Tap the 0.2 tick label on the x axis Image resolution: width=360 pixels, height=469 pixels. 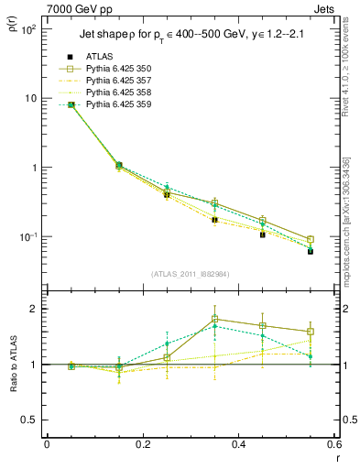point(142,444)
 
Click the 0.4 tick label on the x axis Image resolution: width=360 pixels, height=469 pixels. point(238,444)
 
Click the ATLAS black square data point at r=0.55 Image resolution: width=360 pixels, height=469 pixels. point(311,250)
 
